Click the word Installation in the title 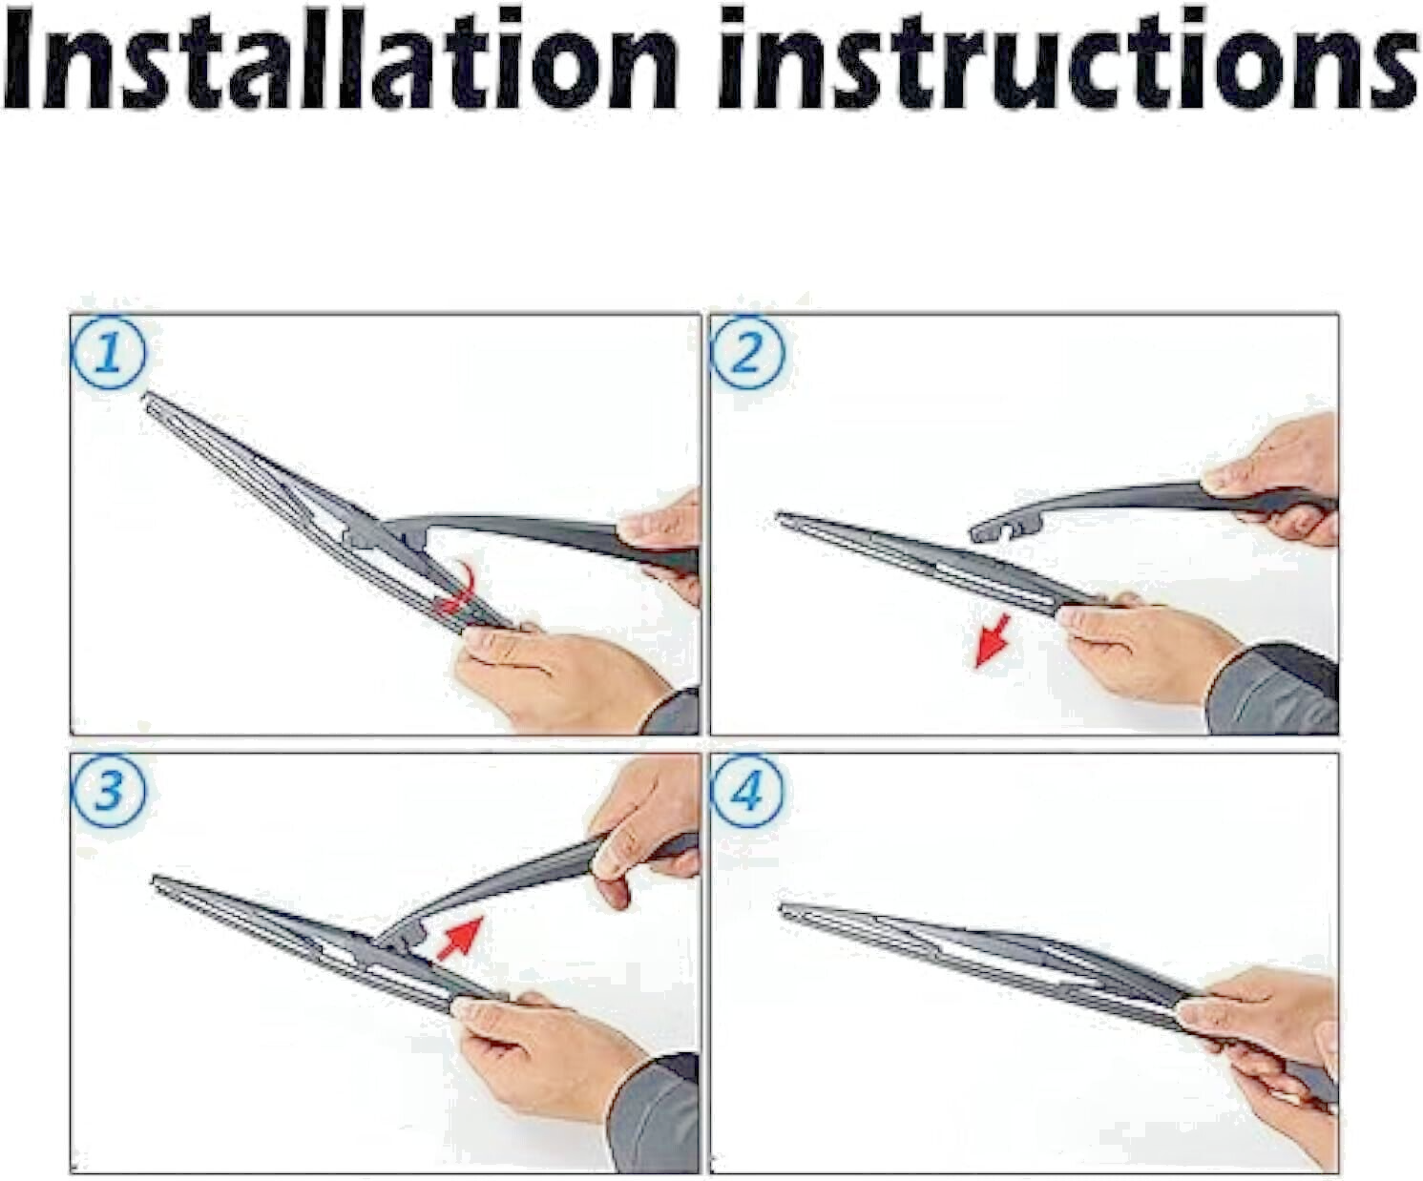coord(340,60)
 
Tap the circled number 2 coord(747,354)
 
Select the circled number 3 coord(109,791)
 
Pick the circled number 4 coord(747,791)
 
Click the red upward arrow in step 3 coord(460,938)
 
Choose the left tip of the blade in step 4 coord(783,907)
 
